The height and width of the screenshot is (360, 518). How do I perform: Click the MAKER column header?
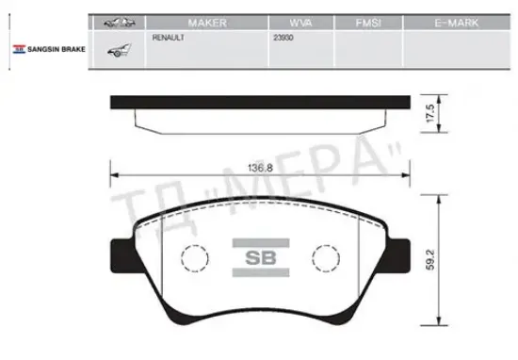pos(207,23)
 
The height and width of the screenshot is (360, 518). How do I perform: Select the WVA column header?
pos(300,23)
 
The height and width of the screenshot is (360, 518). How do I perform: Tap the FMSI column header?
pos(368,23)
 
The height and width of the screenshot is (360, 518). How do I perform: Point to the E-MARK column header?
pos(457,23)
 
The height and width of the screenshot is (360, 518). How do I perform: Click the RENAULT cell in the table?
pos(169,38)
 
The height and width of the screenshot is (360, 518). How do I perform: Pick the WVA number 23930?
pos(283,38)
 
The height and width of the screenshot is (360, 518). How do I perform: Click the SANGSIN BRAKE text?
pos(57,49)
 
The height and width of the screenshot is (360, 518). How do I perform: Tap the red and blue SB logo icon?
pos(19,49)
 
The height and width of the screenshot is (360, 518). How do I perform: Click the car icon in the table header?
pos(120,23)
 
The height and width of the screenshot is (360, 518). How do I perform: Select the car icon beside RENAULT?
pos(119,50)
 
